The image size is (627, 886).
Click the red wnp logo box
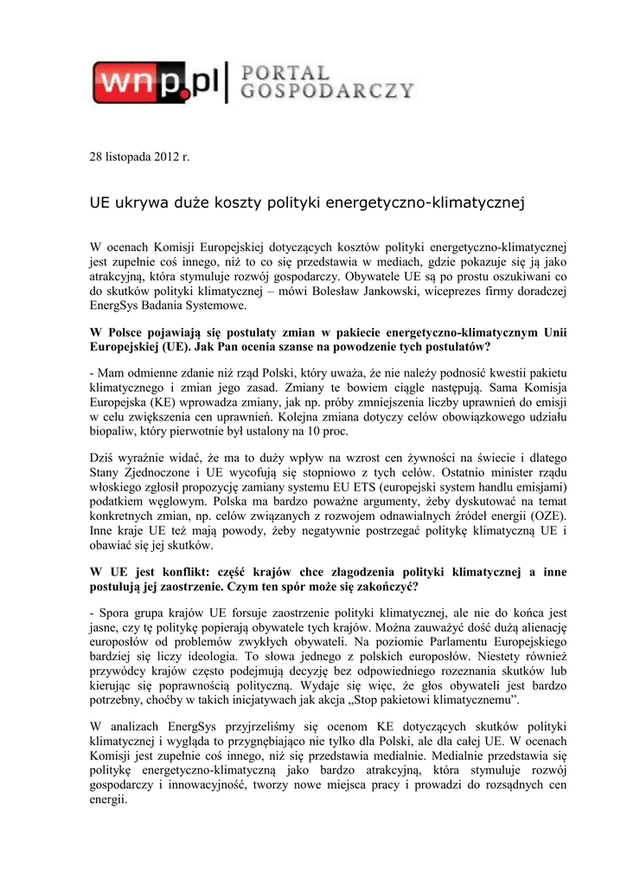click(x=138, y=83)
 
